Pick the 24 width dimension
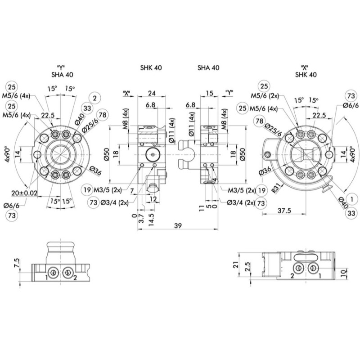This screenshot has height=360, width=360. point(152,94)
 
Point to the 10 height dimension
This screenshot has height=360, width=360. point(343,273)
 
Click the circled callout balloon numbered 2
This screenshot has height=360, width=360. point(94,98)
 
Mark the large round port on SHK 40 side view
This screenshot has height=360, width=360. point(152,154)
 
